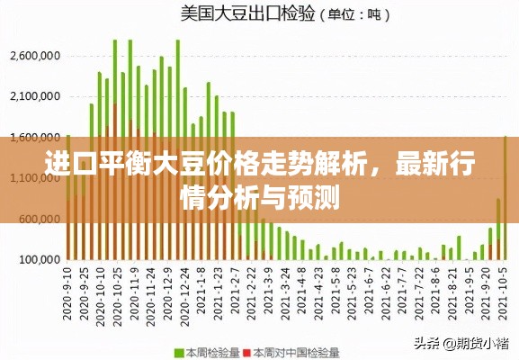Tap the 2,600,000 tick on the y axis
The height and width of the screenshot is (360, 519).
pyautogui.click(x=34, y=56)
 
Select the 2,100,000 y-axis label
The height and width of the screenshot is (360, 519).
pyautogui.click(x=34, y=96)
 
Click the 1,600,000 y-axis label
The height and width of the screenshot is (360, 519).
pyautogui.click(x=34, y=137)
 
